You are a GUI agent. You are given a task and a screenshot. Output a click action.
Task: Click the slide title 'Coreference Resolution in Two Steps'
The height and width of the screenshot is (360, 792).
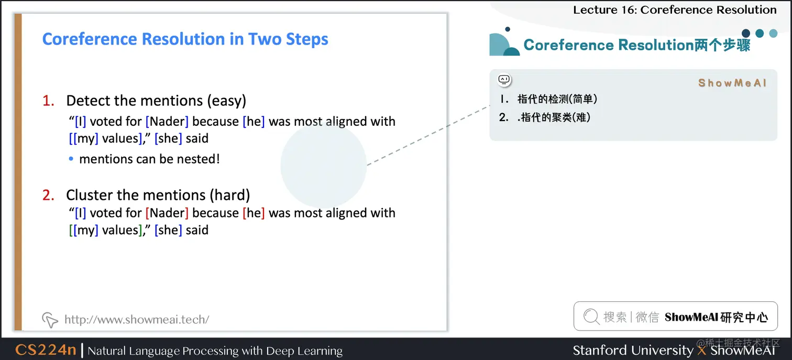[185, 39]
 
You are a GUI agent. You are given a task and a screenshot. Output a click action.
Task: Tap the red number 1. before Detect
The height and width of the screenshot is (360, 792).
[48, 101]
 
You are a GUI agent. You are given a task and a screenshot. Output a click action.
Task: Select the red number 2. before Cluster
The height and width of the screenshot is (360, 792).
[48, 195]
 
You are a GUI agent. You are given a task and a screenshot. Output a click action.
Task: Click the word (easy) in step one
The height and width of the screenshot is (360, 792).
[226, 101]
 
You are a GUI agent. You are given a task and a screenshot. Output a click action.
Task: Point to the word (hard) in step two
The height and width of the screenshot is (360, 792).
[230, 195]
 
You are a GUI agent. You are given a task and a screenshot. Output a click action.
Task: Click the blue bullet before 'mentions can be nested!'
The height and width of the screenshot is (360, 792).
[71, 159]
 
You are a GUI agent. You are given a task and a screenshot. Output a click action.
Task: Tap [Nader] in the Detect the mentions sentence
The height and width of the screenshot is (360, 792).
[167, 122]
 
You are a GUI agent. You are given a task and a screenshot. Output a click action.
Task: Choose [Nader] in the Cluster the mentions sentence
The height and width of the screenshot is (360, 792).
[167, 213]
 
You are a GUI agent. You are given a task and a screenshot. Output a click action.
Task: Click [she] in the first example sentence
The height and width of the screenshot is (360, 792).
[168, 138]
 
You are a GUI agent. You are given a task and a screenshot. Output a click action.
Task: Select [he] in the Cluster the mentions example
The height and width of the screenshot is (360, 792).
[254, 213]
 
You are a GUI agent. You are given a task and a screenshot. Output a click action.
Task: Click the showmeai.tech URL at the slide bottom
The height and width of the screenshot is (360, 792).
[137, 319]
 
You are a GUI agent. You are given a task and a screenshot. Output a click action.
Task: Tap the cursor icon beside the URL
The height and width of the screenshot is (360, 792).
[50, 320]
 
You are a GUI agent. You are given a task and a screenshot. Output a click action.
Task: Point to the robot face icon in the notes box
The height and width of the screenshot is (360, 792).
[504, 80]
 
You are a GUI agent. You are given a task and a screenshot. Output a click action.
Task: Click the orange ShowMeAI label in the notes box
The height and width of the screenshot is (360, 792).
[732, 83]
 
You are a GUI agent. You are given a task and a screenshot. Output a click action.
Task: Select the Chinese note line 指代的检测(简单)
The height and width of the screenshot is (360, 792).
[557, 99]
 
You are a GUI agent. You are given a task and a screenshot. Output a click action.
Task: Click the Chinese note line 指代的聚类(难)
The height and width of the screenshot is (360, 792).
[554, 117]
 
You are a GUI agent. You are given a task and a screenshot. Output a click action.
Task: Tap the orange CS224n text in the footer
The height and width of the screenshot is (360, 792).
[46, 350]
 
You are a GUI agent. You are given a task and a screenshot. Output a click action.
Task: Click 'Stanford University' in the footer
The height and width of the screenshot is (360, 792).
[633, 351]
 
